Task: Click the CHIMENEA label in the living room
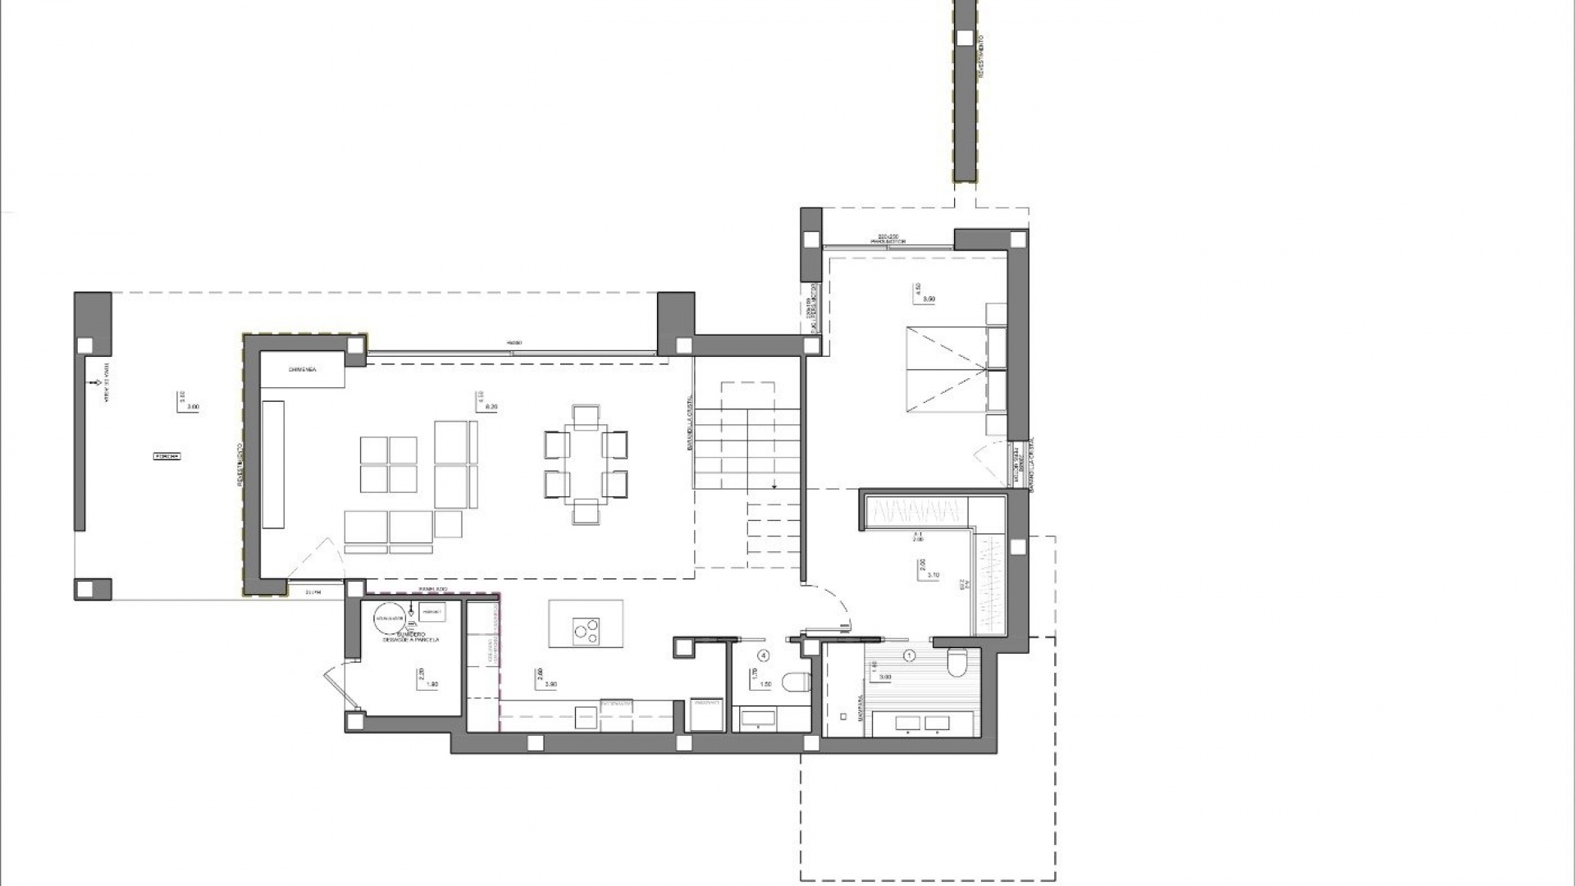(x=302, y=370)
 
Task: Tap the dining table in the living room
(x=587, y=464)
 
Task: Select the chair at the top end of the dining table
(x=587, y=416)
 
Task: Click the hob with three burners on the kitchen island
(x=586, y=630)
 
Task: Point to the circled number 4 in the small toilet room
(x=764, y=655)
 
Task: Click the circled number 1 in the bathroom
(x=909, y=655)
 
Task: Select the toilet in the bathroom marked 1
(x=957, y=663)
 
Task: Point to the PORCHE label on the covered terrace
(x=167, y=456)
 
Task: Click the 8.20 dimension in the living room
(x=492, y=407)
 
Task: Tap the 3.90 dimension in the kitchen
(x=551, y=684)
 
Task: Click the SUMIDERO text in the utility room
(x=411, y=634)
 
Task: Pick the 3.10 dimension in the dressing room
(x=933, y=576)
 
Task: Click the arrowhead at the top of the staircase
(x=774, y=486)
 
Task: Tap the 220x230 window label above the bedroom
(x=888, y=236)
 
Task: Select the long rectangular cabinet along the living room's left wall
(x=273, y=464)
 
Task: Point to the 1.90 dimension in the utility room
(x=433, y=684)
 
